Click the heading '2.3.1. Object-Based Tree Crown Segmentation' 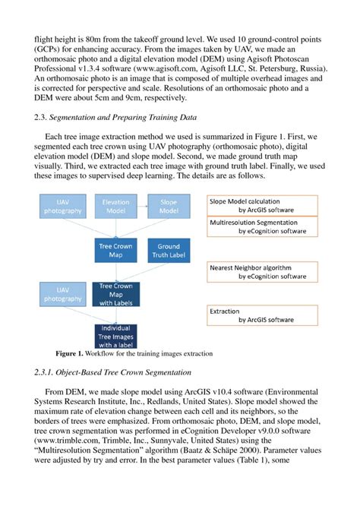coord(113,371)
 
